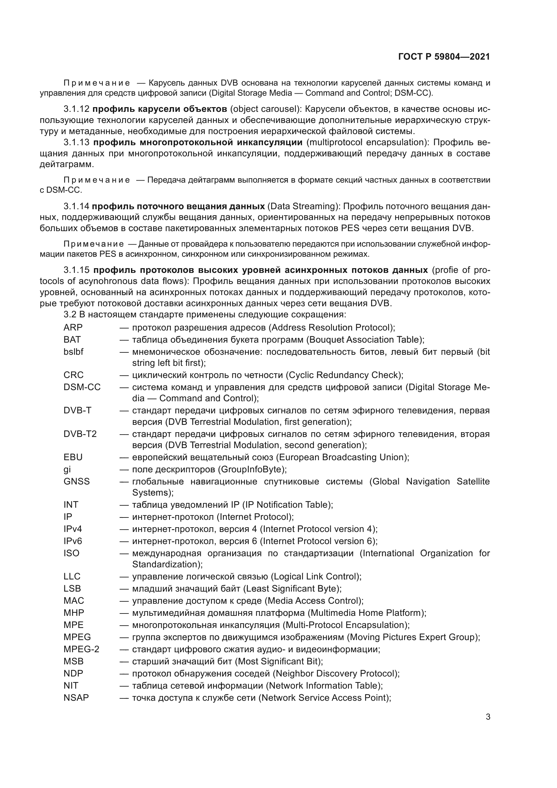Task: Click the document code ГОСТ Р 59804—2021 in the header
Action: pyautogui.click(x=444, y=57)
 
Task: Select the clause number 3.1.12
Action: pyautogui.click(x=76, y=109)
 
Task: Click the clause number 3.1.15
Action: pyautogui.click(x=76, y=270)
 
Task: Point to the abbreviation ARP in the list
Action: pyautogui.click(x=73, y=327)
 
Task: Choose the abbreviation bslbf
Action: pyautogui.click(x=73, y=352)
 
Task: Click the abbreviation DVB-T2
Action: pyautogui.click(x=80, y=434)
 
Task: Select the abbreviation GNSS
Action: pyautogui.click(x=76, y=481)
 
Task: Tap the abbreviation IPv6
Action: pyautogui.click(x=73, y=541)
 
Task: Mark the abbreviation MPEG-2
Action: pyautogui.click(x=81, y=649)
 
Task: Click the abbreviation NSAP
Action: pyautogui.click(x=76, y=698)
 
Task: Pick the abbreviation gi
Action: pyautogui.click(x=67, y=469)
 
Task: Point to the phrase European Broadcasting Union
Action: pyautogui.click(x=342, y=457)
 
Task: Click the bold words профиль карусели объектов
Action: pyautogui.click(x=160, y=109)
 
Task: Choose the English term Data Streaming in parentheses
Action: pyautogui.click(x=302, y=206)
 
